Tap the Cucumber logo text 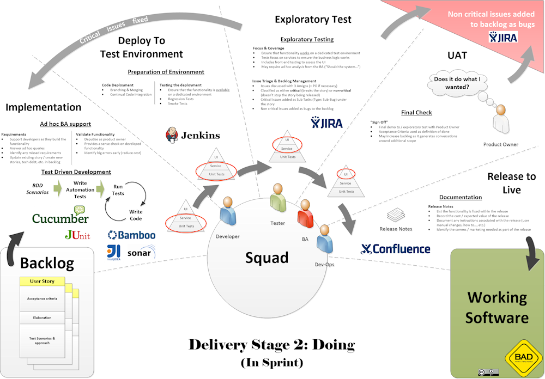(60, 218)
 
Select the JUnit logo (77, 235)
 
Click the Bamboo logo (131, 235)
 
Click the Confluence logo (396, 249)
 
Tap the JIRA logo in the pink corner (503, 38)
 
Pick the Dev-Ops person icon (324, 237)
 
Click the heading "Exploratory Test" (313, 19)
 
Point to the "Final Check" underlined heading (416, 113)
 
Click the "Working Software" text (498, 308)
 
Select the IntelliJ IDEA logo (114, 251)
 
